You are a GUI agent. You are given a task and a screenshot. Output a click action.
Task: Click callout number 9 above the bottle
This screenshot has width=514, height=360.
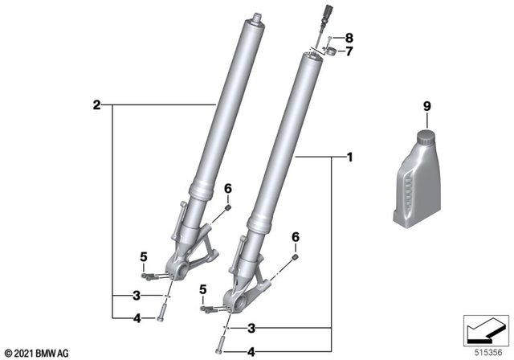426,106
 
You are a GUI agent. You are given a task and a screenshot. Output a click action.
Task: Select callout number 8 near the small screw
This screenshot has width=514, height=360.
349,38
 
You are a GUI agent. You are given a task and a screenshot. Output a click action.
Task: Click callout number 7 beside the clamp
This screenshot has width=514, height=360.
349,51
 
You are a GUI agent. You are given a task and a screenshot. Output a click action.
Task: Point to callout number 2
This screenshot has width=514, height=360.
96,105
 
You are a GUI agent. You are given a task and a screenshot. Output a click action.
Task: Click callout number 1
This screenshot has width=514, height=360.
350,157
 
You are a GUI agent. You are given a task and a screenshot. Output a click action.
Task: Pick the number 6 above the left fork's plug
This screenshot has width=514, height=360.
228,189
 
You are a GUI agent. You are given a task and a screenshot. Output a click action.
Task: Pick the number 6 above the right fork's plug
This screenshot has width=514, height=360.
296,237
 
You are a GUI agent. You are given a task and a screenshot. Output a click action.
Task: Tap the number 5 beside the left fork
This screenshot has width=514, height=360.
144,257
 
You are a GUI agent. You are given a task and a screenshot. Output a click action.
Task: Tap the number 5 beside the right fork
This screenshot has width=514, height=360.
203,289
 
